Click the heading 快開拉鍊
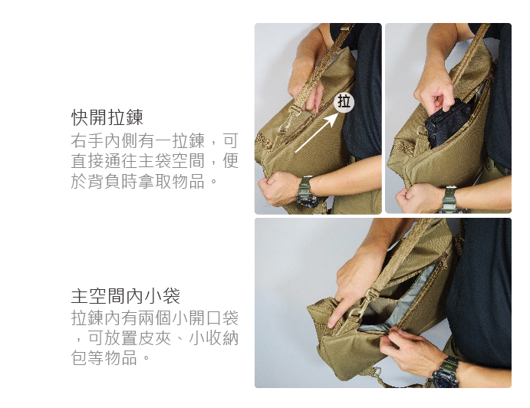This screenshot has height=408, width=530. click(x=107, y=117)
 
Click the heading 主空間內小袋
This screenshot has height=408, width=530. click(x=125, y=296)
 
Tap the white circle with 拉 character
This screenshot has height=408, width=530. click(x=344, y=102)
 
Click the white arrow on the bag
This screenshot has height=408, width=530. click(x=317, y=132)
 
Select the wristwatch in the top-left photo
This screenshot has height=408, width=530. click(x=306, y=192)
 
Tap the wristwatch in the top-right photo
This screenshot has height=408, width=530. click(x=449, y=199)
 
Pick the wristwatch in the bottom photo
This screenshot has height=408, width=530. click(x=446, y=373)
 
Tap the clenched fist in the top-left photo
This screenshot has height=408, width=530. click(x=279, y=188)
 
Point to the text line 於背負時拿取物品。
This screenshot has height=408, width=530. click(x=144, y=181)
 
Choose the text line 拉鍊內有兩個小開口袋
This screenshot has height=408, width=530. click(x=155, y=318)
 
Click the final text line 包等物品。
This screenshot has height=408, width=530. click(x=110, y=357)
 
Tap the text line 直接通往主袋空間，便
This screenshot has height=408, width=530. click(x=155, y=161)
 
